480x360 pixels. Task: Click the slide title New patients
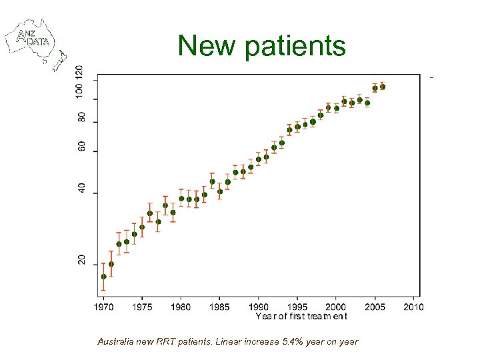pos(261,46)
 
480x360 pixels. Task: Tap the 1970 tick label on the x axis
pos(103,307)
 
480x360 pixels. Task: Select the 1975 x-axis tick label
pos(142,307)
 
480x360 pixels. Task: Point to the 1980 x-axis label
pos(181,307)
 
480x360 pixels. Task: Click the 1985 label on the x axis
pos(219,307)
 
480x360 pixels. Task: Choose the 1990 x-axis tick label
pos(258,307)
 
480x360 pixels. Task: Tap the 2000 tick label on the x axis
pos(335,307)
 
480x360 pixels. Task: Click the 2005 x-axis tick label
pos(374,307)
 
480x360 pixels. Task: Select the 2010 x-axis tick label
pos(413,307)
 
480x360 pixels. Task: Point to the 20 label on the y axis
pos(81,260)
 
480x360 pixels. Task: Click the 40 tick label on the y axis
pos(81,189)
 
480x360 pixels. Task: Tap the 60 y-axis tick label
pos(81,147)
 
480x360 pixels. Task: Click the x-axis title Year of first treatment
pos(301,316)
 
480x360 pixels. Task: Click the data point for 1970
pos(103,277)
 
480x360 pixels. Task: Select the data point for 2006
pos(383,87)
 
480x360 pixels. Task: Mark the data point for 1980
pos(181,198)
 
